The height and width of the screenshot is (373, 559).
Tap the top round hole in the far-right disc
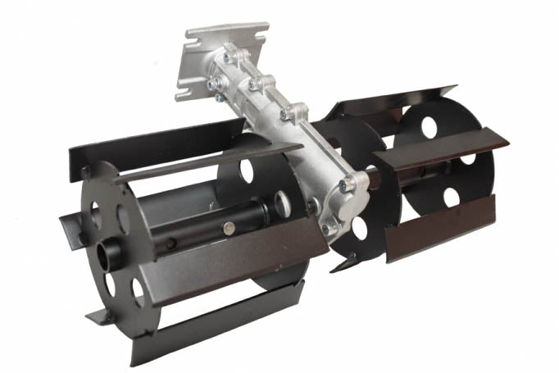(x=429, y=126)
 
